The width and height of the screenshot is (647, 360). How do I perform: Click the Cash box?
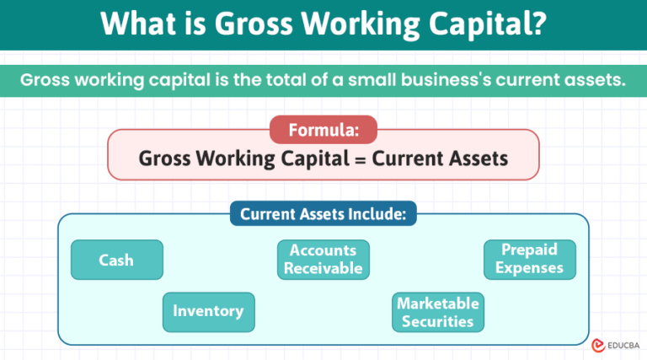coord(116,260)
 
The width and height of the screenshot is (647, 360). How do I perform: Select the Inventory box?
coord(208,311)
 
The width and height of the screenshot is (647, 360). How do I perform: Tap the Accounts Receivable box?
coord(323,260)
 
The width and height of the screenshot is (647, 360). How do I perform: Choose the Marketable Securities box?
coord(438,312)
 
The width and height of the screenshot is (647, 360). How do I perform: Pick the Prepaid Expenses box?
coord(529,259)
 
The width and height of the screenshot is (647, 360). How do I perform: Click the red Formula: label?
coord(323,130)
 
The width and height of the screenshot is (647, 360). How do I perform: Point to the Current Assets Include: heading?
coord(323,214)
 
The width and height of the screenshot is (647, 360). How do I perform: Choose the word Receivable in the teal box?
coord(323,269)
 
